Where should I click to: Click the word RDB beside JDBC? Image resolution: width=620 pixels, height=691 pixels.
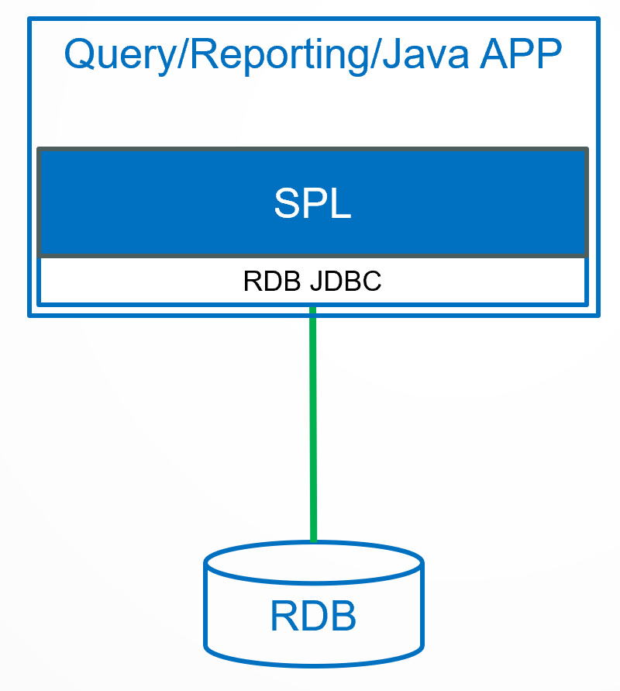point(273,281)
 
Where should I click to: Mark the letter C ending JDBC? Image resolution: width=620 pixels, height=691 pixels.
point(374,281)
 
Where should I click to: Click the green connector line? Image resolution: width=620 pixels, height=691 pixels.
point(313,427)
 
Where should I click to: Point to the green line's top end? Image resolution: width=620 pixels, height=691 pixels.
point(313,310)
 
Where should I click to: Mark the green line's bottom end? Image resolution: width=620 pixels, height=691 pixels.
point(313,540)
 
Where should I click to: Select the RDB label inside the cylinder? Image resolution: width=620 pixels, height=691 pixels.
point(313,617)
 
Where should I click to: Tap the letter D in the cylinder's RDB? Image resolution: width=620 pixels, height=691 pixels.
point(313,617)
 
